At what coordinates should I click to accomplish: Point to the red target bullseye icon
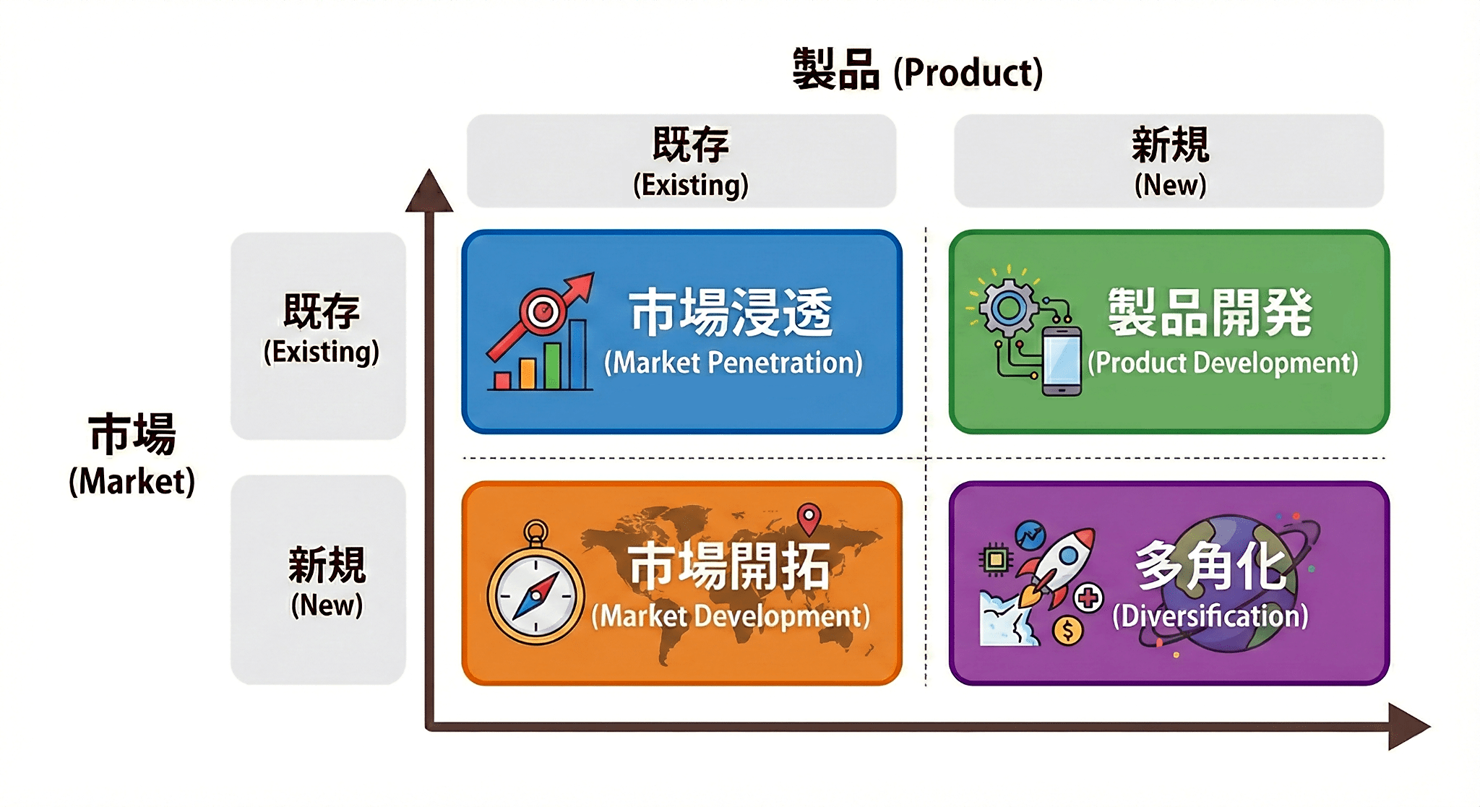point(543,311)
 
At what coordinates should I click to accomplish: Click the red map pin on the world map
point(809,519)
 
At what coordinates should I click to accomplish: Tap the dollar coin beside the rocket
point(1067,630)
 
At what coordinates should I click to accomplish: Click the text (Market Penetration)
point(733,363)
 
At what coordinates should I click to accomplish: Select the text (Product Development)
point(1223,363)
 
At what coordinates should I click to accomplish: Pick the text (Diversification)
point(1210,616)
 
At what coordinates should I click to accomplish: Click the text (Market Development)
point(731,616)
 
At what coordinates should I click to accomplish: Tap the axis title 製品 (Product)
point(918,71)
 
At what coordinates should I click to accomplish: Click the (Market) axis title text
point(132,482)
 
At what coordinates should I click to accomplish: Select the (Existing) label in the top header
point(691,185)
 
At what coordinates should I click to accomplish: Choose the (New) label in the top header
point(1170,185)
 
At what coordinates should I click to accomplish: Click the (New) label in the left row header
point(327,605)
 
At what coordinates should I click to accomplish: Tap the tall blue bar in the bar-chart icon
point(578,354)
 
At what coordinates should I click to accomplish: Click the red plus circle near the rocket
point(1088,597)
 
